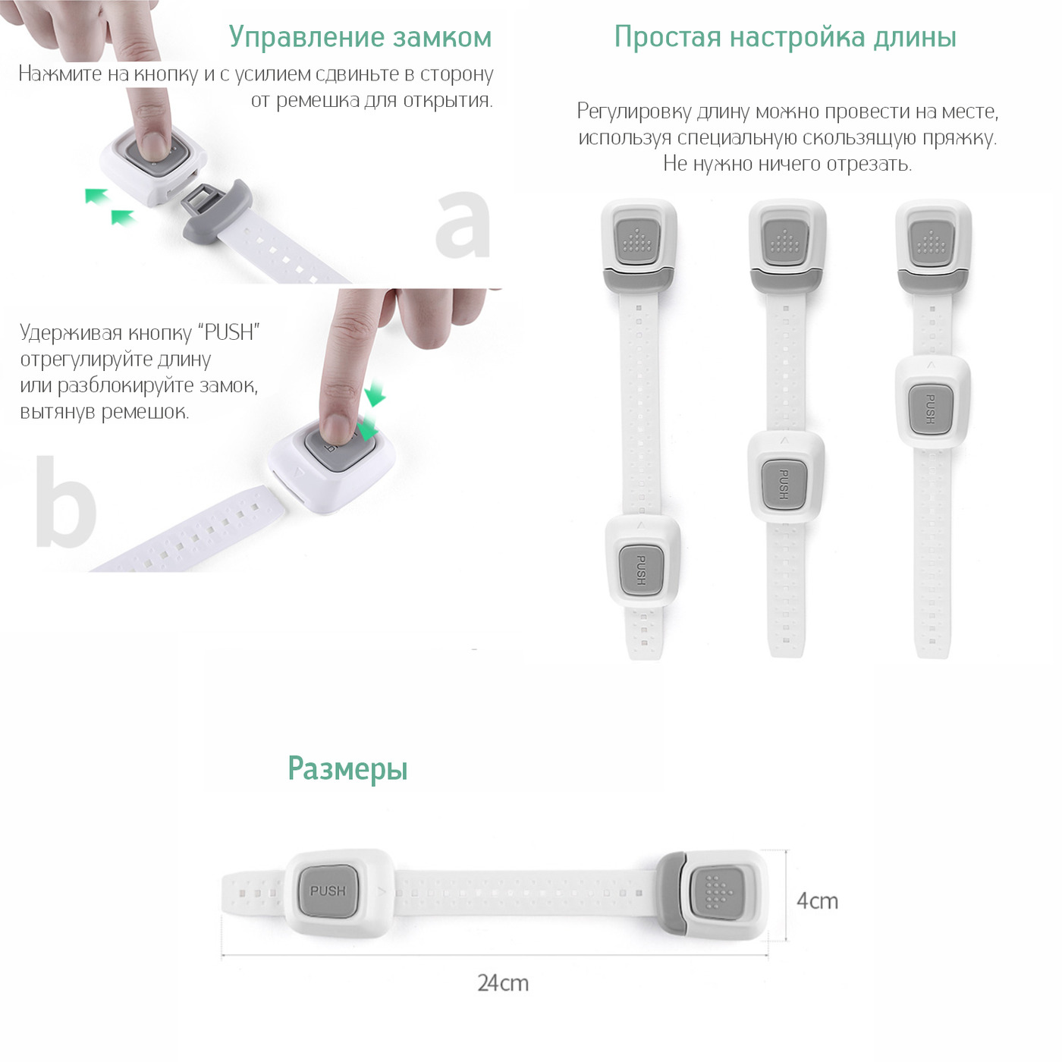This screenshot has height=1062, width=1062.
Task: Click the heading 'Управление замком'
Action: point(360,37)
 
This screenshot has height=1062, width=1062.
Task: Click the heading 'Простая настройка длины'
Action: point(785,37)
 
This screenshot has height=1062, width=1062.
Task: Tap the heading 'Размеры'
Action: point(347,768)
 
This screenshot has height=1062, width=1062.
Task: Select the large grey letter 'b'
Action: point(66,501)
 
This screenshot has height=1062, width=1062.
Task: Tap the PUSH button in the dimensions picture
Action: point(328,891)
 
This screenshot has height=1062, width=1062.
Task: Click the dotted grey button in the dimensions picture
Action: point(717,891)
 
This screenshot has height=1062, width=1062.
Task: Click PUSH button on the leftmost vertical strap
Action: point(640,569)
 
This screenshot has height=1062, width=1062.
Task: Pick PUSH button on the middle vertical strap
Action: point(784,485)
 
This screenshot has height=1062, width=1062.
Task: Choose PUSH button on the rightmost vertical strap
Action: point(930,410)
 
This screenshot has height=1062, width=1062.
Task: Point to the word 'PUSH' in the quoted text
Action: point(229,333)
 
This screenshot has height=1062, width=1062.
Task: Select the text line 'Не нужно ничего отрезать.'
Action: point(787,164)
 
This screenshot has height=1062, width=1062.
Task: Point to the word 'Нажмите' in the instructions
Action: point(60,74)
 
